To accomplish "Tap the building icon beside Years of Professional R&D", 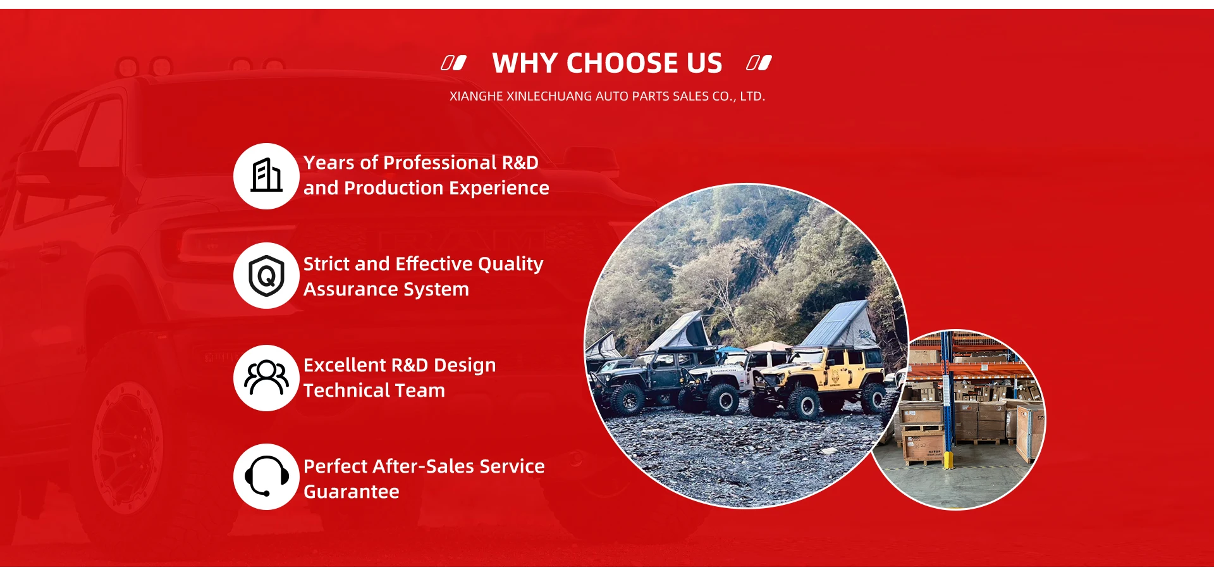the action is (266, 175).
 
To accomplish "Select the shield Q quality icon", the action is (266, 276).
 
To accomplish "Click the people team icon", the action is (266, 378).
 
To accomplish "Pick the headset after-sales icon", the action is (266, 476).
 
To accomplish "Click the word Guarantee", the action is (352, 492).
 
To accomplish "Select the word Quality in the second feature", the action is (510, 264).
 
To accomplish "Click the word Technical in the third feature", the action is (351, 390).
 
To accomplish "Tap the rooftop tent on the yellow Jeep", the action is (838, 325).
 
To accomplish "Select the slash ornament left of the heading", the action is (453, 63).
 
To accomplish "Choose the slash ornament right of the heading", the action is (759, 63).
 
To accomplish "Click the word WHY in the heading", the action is (525, 63).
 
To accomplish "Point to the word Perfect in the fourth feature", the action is (336, 466).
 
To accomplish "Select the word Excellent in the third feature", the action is (345, 365).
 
